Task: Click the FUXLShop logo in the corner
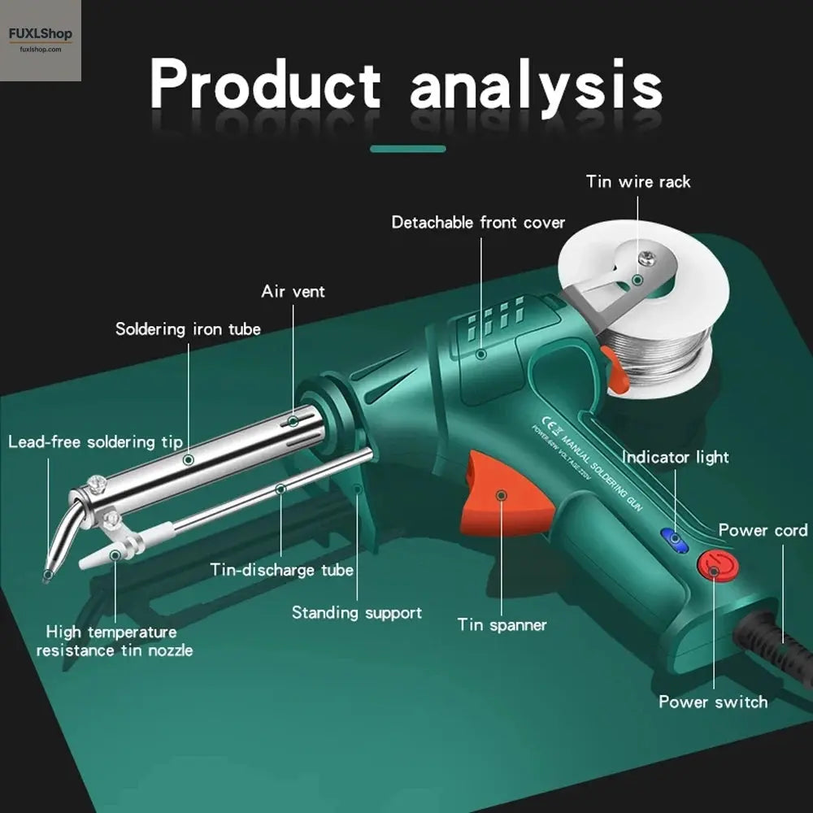pos(41,39)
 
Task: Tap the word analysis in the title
pos(536,86)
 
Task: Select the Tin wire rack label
pos(638,181)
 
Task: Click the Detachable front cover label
pos(478,222)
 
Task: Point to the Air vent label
pos(293,291)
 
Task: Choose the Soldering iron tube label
pos(188,329)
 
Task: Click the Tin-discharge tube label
pos(282,570)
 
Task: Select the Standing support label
pos(357,612)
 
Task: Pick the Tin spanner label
pos(502,624)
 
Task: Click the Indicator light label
pos(676,457)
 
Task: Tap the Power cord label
pos(763,530)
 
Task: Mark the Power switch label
pos(713,701)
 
